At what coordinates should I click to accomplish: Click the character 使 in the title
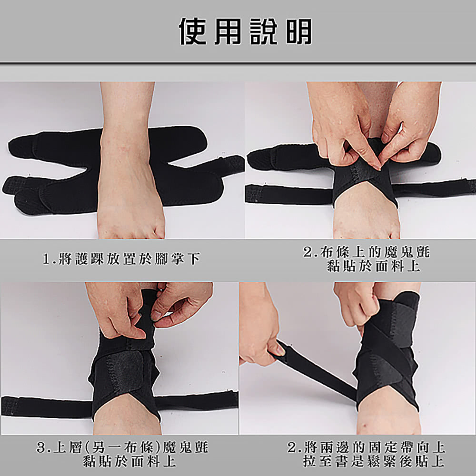pos(193,31)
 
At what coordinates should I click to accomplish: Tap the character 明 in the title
pos(299,31)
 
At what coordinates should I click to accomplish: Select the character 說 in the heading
pos(264,31)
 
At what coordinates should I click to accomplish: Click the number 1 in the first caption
pos(46,259)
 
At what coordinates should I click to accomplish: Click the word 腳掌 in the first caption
pos(169,259)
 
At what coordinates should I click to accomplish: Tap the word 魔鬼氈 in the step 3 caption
pos(186,447)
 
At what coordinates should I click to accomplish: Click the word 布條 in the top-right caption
pos(334,252)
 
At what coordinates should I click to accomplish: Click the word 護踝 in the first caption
pos(89,259)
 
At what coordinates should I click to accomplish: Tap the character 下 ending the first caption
pos(193,259)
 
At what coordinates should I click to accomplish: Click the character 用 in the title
pos(228,31)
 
